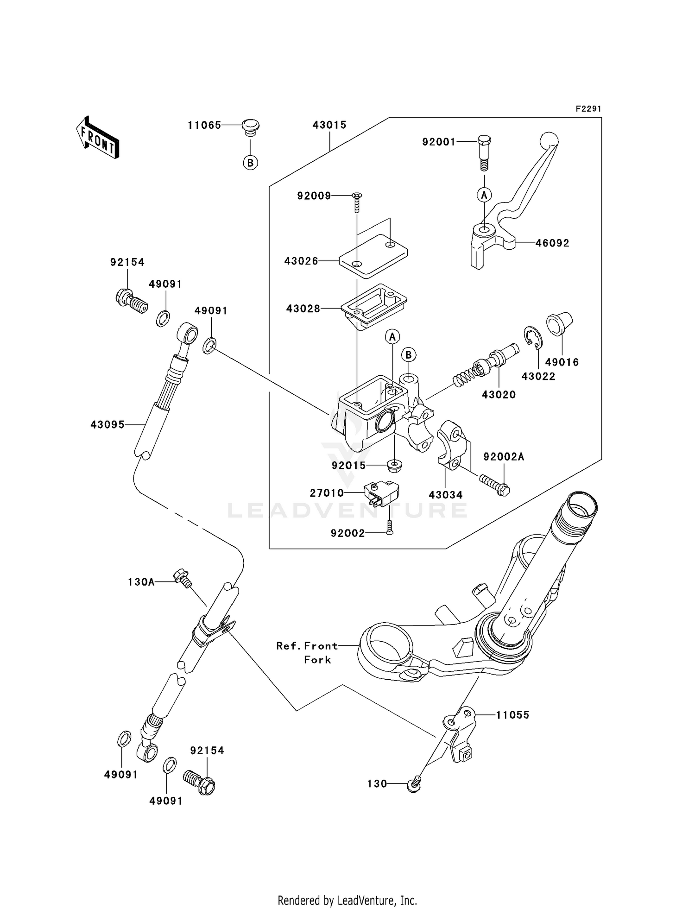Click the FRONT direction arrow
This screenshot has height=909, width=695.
97,138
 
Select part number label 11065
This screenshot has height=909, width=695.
204,125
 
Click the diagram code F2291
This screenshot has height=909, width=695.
588,109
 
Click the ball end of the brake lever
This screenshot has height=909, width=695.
550,139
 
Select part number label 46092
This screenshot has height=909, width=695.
552,243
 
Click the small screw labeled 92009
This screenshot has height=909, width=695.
357,202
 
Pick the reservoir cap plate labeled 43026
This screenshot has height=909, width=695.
373,255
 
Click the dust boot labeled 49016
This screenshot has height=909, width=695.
560,323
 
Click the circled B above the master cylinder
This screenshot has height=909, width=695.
408,355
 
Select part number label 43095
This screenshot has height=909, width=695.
107,424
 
